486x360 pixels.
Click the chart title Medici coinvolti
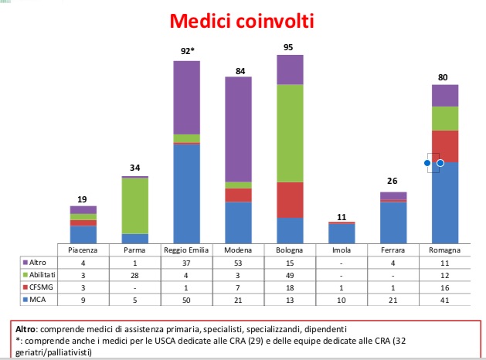[242, 21]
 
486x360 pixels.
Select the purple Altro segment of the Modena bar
[238, 129]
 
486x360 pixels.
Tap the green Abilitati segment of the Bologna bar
[290, 133]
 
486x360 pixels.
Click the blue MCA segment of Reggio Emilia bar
[186, 194]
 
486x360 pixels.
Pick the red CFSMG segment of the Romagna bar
[445, 146]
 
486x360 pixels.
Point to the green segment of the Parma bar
[135, 205]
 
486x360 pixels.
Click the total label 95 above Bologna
[288, 47]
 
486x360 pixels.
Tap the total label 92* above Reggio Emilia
[188, 51]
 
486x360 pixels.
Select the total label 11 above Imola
[342, 217]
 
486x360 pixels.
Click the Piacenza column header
[83, 250]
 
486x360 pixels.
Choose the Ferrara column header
[393, 250]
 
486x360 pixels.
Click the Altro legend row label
[38, 263]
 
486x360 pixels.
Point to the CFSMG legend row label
[41, 287]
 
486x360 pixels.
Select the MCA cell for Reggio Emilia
[186, 300]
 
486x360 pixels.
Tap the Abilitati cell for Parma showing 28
[134, 276]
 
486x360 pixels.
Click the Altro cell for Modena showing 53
[238, 263]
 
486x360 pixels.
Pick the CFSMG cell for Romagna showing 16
[445, 288]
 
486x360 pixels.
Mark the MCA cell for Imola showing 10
[342, 300]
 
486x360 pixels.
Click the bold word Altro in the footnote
[25, 329]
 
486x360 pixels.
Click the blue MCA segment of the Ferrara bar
[393, 222]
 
